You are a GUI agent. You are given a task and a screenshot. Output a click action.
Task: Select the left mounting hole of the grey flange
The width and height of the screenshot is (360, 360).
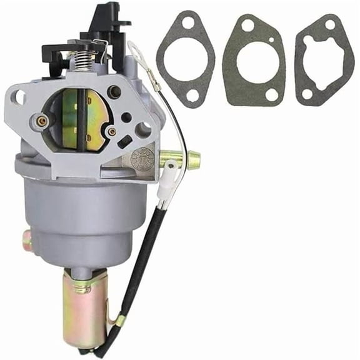[x=19, y=97]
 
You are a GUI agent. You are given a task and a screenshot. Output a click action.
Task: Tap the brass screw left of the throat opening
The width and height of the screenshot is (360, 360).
[x=42, y=121]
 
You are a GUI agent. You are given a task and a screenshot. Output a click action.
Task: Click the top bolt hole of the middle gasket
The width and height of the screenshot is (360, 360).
[x=249, y=26]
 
